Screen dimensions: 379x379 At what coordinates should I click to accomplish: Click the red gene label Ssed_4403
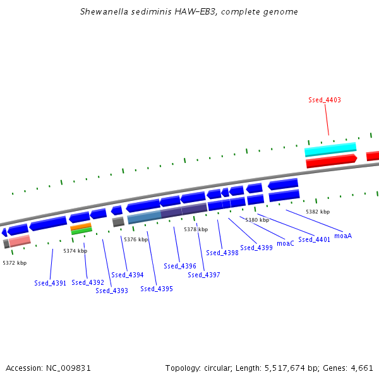(x=325, y=100)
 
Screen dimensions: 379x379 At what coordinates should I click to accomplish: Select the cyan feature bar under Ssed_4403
(x=330, y=150)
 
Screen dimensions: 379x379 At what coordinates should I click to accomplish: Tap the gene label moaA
(x=343, y=236)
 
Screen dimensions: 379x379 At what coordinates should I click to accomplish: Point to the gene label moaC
(x=286, y=243)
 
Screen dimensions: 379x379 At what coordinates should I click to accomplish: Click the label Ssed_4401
(x=314, y=239)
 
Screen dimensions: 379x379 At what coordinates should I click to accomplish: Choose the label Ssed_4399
(x=256, y=248)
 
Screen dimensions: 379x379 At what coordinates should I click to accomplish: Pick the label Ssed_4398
(x=222, y=253)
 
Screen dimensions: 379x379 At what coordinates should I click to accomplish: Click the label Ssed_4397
(x=204, y=275)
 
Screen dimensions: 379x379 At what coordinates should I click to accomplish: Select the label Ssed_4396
(x=180, y=266)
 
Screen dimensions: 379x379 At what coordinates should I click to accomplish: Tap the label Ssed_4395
(x=157, y=289)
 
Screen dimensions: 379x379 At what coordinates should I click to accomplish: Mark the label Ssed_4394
(x=128, y=275)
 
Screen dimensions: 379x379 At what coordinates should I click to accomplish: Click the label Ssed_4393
(x=112, y=291)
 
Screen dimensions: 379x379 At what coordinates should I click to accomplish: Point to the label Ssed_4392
(x=88, y=282)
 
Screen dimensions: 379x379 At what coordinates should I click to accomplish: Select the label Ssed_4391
(x=51, y=283)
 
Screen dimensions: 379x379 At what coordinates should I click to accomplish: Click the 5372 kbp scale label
(x=15, y=262)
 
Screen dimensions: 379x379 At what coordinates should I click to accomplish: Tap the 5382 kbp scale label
(x=318, y=212)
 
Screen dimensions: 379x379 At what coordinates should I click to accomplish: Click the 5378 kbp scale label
(x=196, y=229)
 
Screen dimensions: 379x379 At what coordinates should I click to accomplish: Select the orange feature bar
(x=81, y=226)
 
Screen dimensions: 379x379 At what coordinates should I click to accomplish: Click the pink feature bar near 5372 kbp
(x=20, y=241)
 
